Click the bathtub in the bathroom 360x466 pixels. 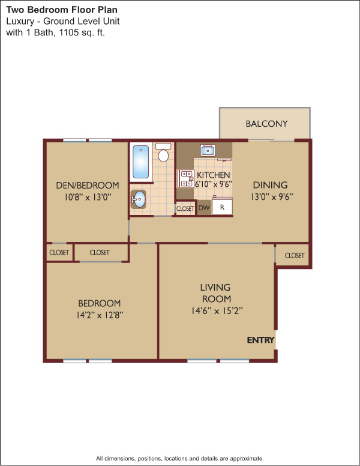(141, 162)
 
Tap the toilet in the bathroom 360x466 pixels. (163, 153)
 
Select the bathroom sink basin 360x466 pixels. (139, 199)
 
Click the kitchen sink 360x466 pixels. (208, 150)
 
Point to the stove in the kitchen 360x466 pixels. (186, 178)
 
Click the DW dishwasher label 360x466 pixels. (204, 208)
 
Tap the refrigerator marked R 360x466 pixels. (222, 207)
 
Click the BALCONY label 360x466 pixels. (266, 124)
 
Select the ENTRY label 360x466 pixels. (260, 340)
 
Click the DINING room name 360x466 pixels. (270, 185)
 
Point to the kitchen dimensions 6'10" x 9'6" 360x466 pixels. (213, 184)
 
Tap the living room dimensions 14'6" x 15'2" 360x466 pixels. (217, 311)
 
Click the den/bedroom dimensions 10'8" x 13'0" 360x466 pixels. (88, 197)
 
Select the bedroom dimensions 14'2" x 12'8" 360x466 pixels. (100, 315)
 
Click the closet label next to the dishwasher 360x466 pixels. (185, 208)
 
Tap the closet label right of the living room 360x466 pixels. (295, 255)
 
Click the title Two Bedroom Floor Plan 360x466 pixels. (62, 10)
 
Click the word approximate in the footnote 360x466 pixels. (246, 458)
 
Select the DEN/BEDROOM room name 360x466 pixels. (88, 186)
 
